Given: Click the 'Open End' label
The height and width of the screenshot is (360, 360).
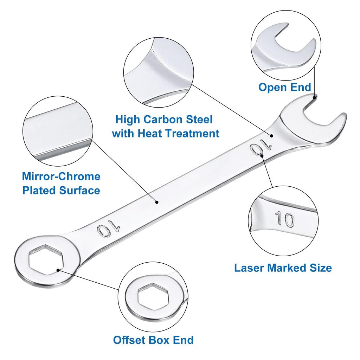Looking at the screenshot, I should tap(285, 87).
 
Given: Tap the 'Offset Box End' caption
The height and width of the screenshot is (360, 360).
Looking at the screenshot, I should tap(153, 340).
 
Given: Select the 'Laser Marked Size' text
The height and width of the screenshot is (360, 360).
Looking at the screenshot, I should tap(283, 268).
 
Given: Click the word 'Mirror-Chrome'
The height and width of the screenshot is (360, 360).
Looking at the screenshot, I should tap(61, 176).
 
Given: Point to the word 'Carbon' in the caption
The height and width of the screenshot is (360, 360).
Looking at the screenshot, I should tap(164, 120).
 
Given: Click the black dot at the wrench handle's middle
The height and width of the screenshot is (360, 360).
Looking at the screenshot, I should tap(157, 202).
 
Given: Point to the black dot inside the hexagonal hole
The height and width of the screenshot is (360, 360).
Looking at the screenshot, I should tap(58, 270).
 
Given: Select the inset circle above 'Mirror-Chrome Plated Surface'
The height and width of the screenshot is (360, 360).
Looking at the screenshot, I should tap(58, 130).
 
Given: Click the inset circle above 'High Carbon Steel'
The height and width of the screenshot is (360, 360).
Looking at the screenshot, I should tap(159, 71).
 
